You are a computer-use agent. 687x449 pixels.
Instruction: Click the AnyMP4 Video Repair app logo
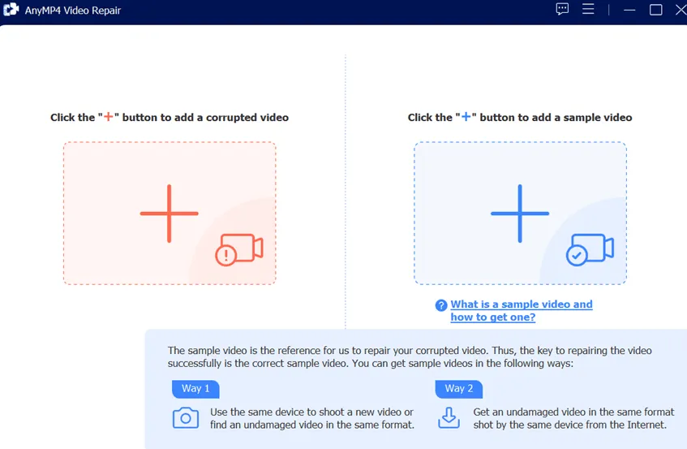11,9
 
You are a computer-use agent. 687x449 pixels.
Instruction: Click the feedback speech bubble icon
562,9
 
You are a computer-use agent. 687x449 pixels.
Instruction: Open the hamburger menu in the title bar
588,9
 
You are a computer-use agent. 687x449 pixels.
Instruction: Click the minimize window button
629,10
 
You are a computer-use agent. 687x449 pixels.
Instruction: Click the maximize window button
655,10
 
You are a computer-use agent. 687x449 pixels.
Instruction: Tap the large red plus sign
170,214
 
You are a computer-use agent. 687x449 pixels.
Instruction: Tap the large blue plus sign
520,214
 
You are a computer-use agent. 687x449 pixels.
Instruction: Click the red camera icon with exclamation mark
239,249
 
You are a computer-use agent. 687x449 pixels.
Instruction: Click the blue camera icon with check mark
590,249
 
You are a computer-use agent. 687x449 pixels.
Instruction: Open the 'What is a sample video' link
522,310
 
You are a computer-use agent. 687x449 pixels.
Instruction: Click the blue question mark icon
441,305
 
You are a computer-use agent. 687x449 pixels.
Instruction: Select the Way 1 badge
195,389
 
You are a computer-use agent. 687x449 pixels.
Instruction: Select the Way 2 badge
459,389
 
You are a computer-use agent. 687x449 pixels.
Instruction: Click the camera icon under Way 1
185,418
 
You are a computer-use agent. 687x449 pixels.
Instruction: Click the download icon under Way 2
449,417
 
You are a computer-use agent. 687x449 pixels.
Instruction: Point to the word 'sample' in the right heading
578,118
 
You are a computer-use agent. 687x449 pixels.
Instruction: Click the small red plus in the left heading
108,117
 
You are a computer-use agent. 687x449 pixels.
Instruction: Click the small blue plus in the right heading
466,117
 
